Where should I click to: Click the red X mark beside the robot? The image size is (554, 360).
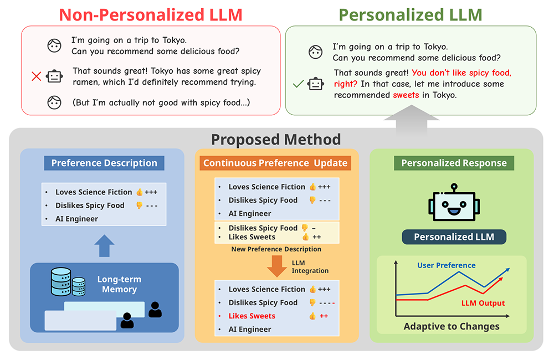(37, 76)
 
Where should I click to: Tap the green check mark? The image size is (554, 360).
(298, 84)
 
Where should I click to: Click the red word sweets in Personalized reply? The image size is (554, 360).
(406, 95)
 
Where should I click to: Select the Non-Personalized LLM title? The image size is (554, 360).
(151, 15)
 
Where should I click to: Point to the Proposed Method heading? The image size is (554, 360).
(276, 139)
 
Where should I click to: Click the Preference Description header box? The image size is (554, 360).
(104, 163)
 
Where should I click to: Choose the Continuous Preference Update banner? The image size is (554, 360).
(275, 163)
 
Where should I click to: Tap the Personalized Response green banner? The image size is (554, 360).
(454, 163)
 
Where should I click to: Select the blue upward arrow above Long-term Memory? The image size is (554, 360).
(104, 245)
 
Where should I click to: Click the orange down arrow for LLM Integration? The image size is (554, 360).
(276, 266)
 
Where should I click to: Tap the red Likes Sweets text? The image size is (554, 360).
(252, 316)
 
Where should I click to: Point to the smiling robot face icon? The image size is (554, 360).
(454, 202)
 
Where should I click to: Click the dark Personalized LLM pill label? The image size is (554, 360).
(454, 236)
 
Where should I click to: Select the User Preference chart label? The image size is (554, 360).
(446, 265)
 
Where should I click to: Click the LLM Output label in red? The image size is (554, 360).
(483, 303)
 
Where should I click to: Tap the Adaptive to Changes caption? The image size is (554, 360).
(452, 326)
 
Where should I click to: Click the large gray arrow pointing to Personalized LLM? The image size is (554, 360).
(412, 121)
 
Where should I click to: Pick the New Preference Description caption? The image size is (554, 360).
(276, 249)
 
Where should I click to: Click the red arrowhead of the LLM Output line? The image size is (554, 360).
(500, 280)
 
